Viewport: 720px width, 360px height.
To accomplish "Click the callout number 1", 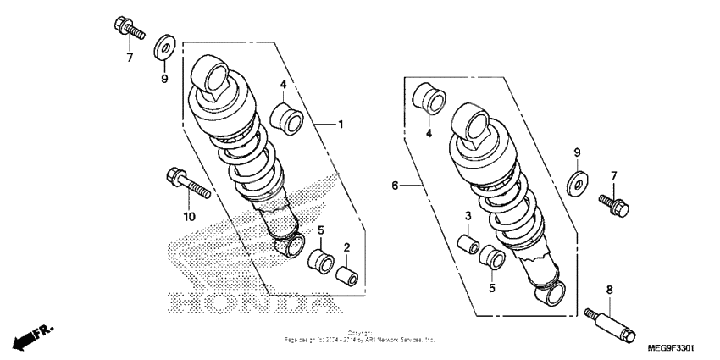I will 341,125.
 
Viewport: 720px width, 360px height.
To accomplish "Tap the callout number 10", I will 188,217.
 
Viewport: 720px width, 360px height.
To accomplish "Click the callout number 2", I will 346,246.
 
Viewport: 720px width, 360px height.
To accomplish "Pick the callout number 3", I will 467,217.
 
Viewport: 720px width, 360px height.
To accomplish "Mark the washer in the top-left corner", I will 165,46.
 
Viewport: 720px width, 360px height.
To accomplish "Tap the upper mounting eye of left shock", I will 211,77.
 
